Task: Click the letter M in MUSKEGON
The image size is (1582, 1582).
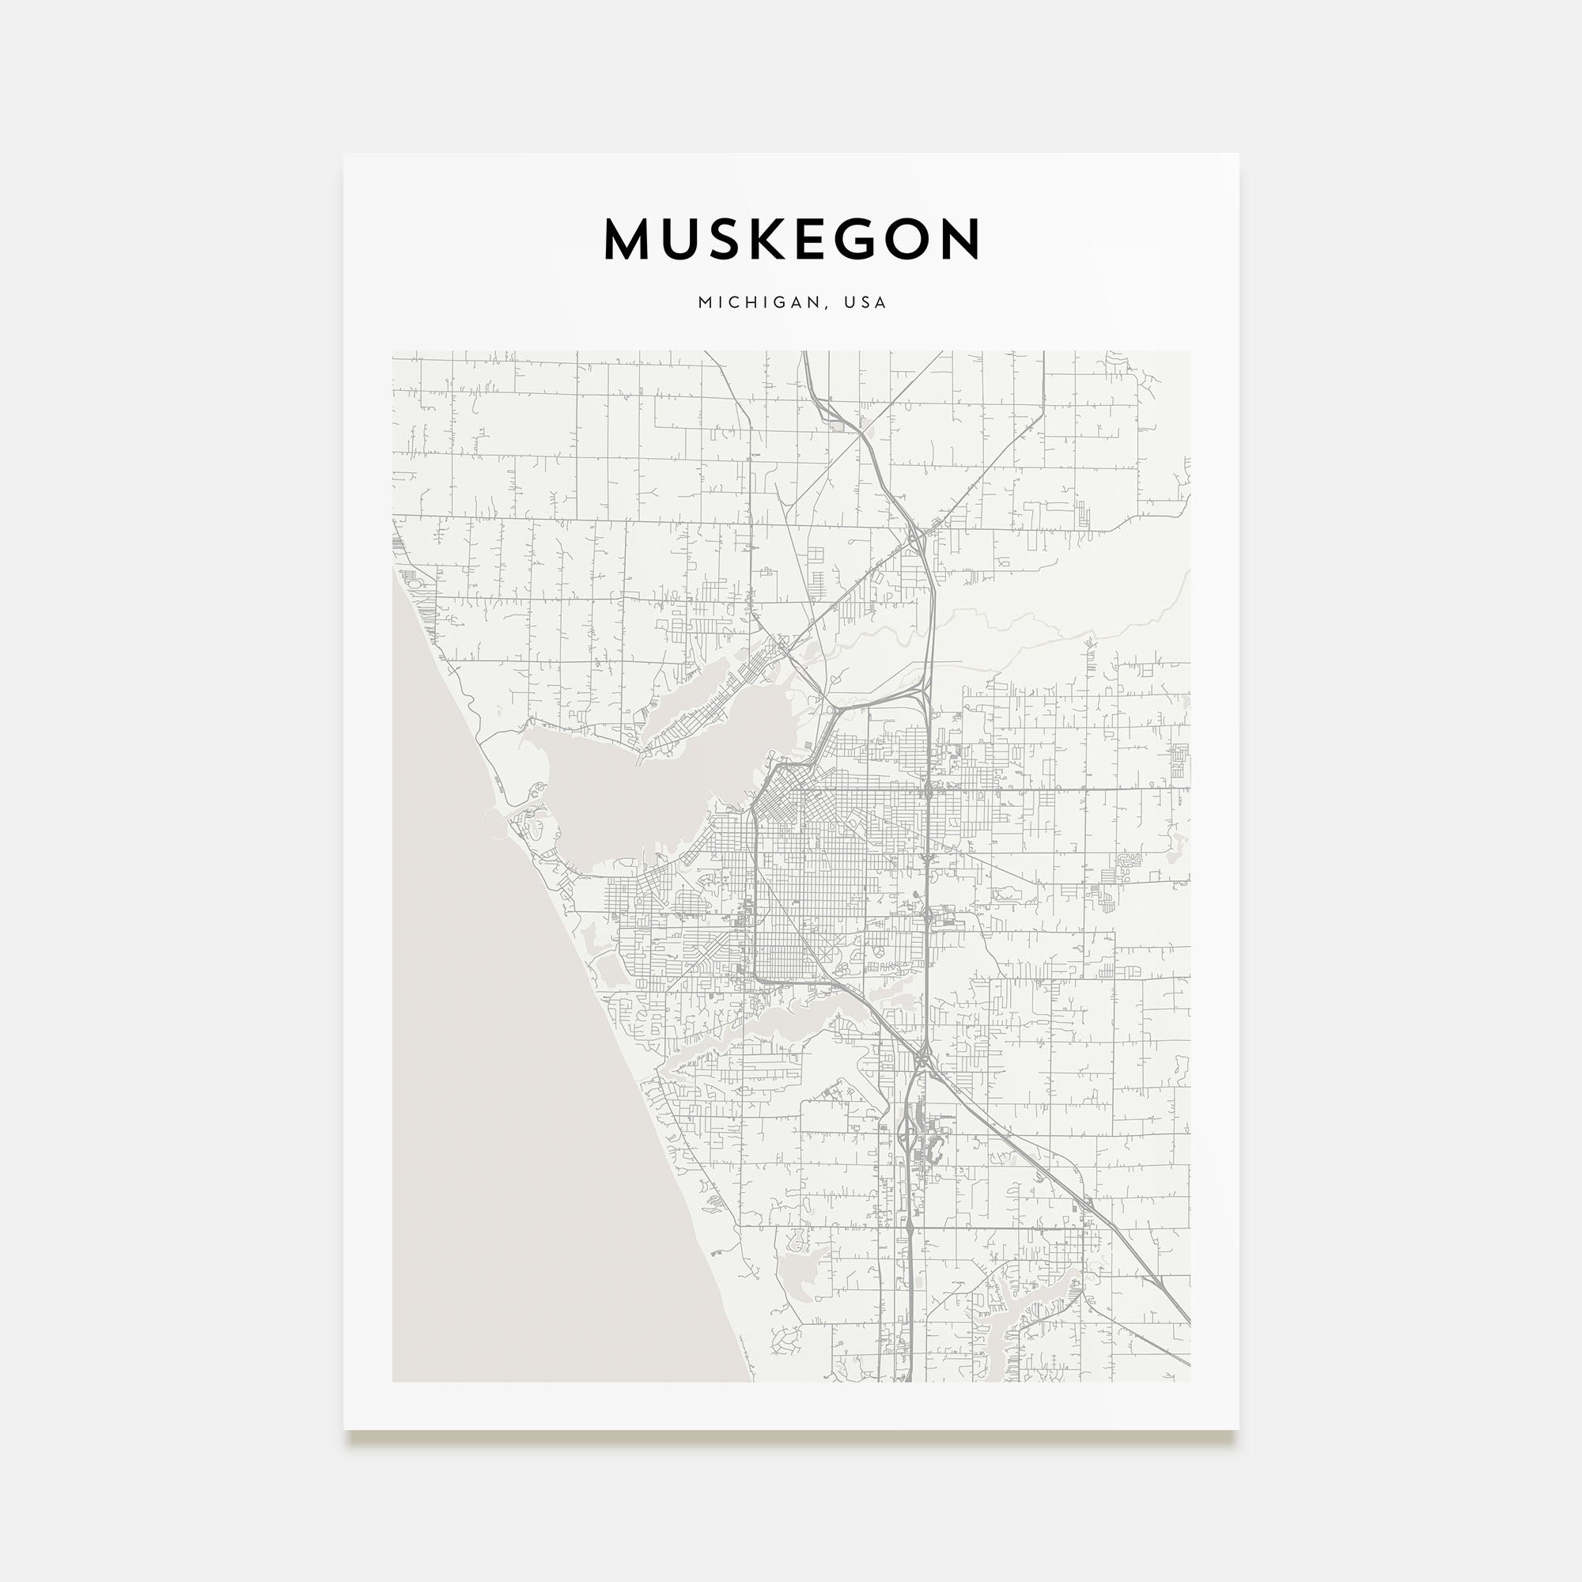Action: pyautogui.click(x=627, y=239)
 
